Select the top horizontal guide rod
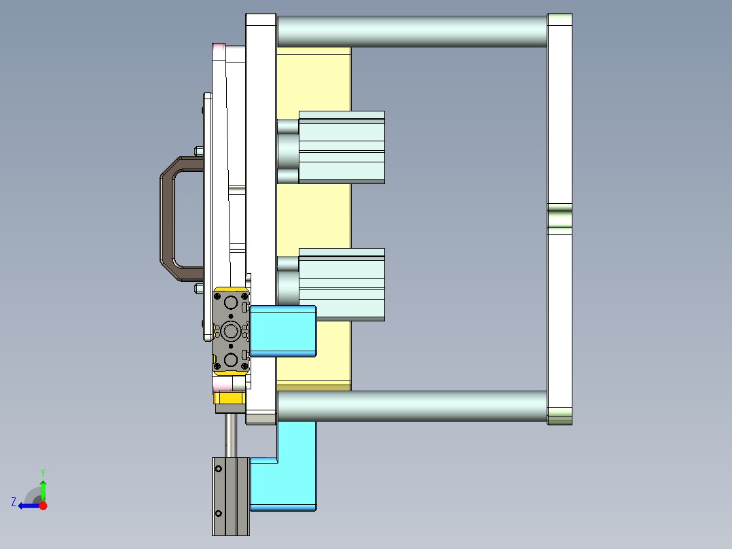tap(411, 31)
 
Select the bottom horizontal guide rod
tap(411, 406)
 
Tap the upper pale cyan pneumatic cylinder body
tap(342, 147)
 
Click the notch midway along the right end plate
tap(560, 219)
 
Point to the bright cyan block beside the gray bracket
tap(283, 331)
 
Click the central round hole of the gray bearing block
tap(231, 332)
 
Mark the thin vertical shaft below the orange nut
tap(232, 435)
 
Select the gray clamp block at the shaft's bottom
tap(231, 497)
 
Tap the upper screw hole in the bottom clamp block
tap(219, 468)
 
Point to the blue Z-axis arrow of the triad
tap(27, 506)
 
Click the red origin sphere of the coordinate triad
tap(43, 506)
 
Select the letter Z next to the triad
tap(14, 502)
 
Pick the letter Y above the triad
tap(43, 472)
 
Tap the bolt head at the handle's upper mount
tap(198, 150)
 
